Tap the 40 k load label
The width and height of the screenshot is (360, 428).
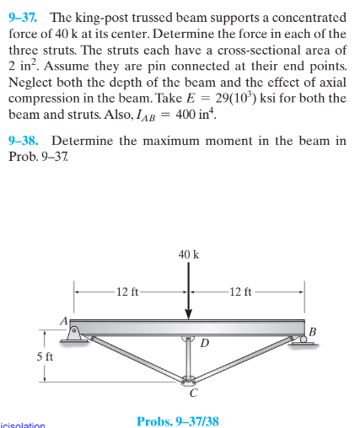click(x=189, y=254)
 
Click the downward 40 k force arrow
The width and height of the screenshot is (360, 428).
click(x=189, y=291)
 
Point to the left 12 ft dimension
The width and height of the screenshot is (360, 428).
click(x=130, y=292)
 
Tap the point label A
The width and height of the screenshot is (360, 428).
click(x=62, y=319)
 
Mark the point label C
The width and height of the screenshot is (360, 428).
click(x=193, y=392)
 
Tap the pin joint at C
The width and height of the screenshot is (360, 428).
click(x=189, y=378)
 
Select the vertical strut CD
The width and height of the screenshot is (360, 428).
click(x=189, y=358)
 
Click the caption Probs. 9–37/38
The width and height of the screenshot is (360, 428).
click(x=178, y=419)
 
